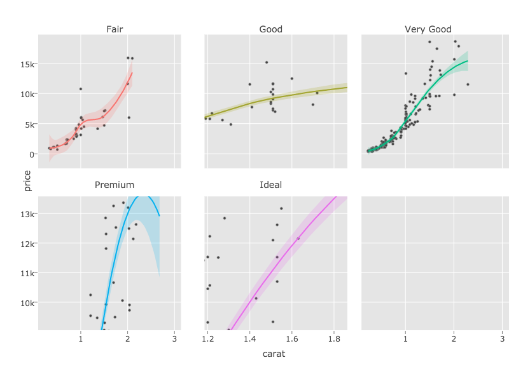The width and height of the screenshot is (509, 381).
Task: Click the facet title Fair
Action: [115, 29]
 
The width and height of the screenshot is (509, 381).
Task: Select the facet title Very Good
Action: [428, 29]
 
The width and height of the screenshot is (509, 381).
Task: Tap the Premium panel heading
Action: [115, 185]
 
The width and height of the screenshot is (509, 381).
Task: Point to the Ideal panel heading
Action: [271, 185]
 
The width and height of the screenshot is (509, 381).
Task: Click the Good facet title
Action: [271, 29]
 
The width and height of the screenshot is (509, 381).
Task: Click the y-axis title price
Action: [27, 180]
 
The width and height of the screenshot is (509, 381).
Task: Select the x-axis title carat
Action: [274, 354]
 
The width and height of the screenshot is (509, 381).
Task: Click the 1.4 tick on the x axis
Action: [249, 340]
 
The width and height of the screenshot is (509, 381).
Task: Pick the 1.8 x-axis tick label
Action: [334, 340]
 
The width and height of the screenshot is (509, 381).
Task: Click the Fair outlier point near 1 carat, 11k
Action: [80, 89]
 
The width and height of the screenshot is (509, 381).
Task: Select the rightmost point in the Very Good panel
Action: [468, 84]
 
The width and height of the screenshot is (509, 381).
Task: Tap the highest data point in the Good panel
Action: [267, 62]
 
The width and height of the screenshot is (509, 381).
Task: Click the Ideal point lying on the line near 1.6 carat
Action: [298, 239]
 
